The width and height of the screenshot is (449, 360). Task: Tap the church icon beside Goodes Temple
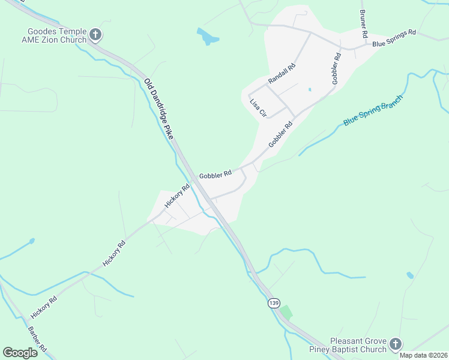pyautogui.click(x=95, y=34)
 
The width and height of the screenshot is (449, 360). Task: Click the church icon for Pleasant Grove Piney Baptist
pyautogui.click(x=395, y=344)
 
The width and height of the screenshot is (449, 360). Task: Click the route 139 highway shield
pyautogui.click(x=274, y=303)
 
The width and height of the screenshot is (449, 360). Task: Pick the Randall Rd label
pyautogui.click(x=282, y=73)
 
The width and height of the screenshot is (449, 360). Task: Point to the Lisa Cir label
pyautogui.click(x=258, y=108)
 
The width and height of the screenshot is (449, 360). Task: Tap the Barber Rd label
pyautogui.click(x=37, y=340)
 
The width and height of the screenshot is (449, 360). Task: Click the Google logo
pyautogui.click(x=20, y=353)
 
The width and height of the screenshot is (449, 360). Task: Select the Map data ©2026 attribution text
pyautogui.click(x=424, y=355)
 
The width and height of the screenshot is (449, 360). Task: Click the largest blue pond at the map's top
pyautogui.click(x=208, y=37)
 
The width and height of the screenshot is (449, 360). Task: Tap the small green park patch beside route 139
pyautogui.click(x=286, y=312)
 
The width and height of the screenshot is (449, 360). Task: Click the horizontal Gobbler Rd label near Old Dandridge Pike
pyautogui.click(x=215, y=175)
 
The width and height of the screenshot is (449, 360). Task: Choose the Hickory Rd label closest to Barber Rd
pyautogui.click(x=44, y=307)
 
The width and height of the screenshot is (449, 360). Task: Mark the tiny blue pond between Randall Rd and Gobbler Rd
pyautogui.click(x=310, y=90)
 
